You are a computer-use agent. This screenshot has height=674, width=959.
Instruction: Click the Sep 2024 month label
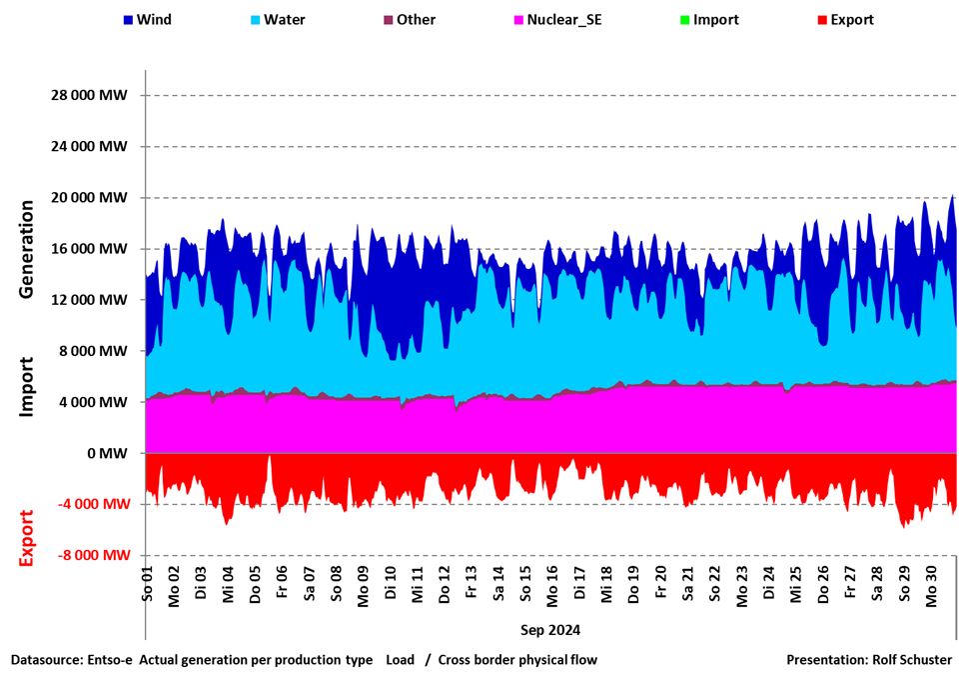coord(549,631)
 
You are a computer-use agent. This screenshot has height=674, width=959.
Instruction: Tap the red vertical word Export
coord(27,537)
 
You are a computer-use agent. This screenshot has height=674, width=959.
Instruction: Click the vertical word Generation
coord(27,249)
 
